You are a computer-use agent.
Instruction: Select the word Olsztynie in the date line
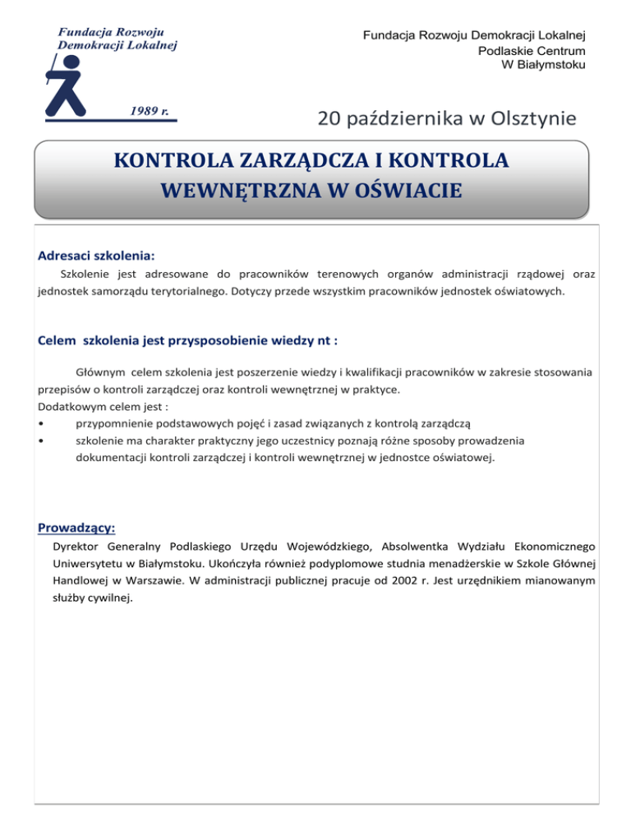coord(533,119)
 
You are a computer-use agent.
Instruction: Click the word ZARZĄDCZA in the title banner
coord(281,159)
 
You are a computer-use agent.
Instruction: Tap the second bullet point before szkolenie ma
coord(41,441)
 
